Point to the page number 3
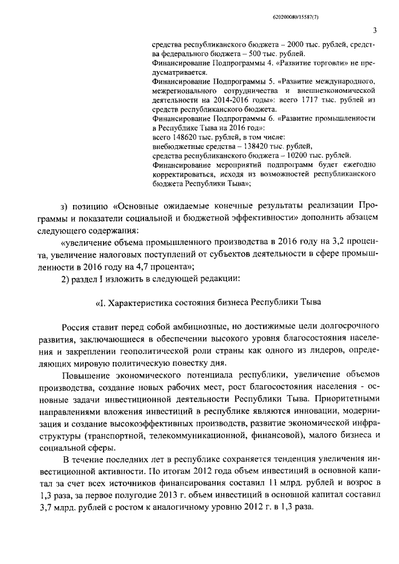click(375, 30)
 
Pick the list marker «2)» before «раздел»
click(65, 279)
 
